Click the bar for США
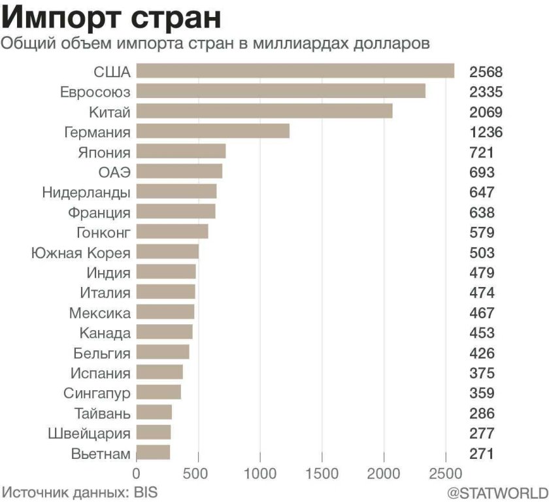pyautogui.click(x=295, y=71)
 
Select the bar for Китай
pyautogui.click(x=265, y=111)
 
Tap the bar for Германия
pyautogui.click(x=213, y=131)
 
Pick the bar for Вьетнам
pyautogui.click(x=154, y=453)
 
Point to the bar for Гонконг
pyautogui.click(x=173, y=232)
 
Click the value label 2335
pyautogui.click(x=486, y=92)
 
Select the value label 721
pyautogui.click(x=482, y=152)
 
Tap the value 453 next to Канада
pyautogui.click(x=482, y=333)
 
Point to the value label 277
pyautogui.click(x=482, y=433)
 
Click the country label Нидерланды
pyautogui.click(x=86, y=193)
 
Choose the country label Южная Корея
pyautogui.click(x=80, y=253)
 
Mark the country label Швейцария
pyautogui.click(x=90, y=433)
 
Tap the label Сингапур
pyautogui.click(x=97, y=393)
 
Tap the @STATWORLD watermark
pyautogui.click(x=497, y=491)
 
